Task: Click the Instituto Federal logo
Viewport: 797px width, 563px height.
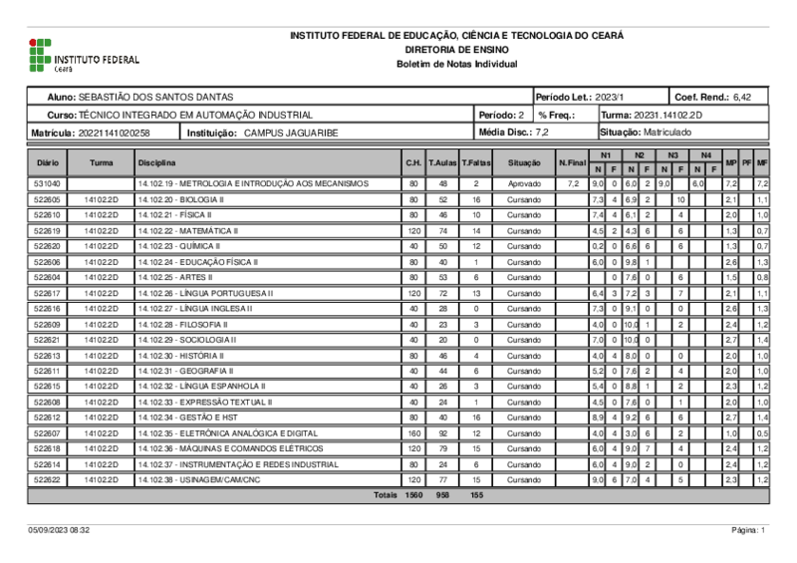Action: (x=84, y=57)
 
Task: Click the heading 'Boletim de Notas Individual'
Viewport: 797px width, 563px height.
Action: (x=456, y=63)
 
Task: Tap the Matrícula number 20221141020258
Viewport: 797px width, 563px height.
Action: (x=114, y=133)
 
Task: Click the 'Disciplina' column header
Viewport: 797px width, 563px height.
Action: (x=157, y=162)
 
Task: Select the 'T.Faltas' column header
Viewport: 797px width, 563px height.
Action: (x=476, y=162)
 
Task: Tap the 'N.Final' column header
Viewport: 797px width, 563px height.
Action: (x=573, y=162)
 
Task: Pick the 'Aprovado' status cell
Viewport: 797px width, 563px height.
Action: (x=523, y=184)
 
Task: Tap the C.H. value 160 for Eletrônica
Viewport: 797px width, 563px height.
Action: (x=412, y=433)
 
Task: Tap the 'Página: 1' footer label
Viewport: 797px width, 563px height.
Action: (x=748, y=530)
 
